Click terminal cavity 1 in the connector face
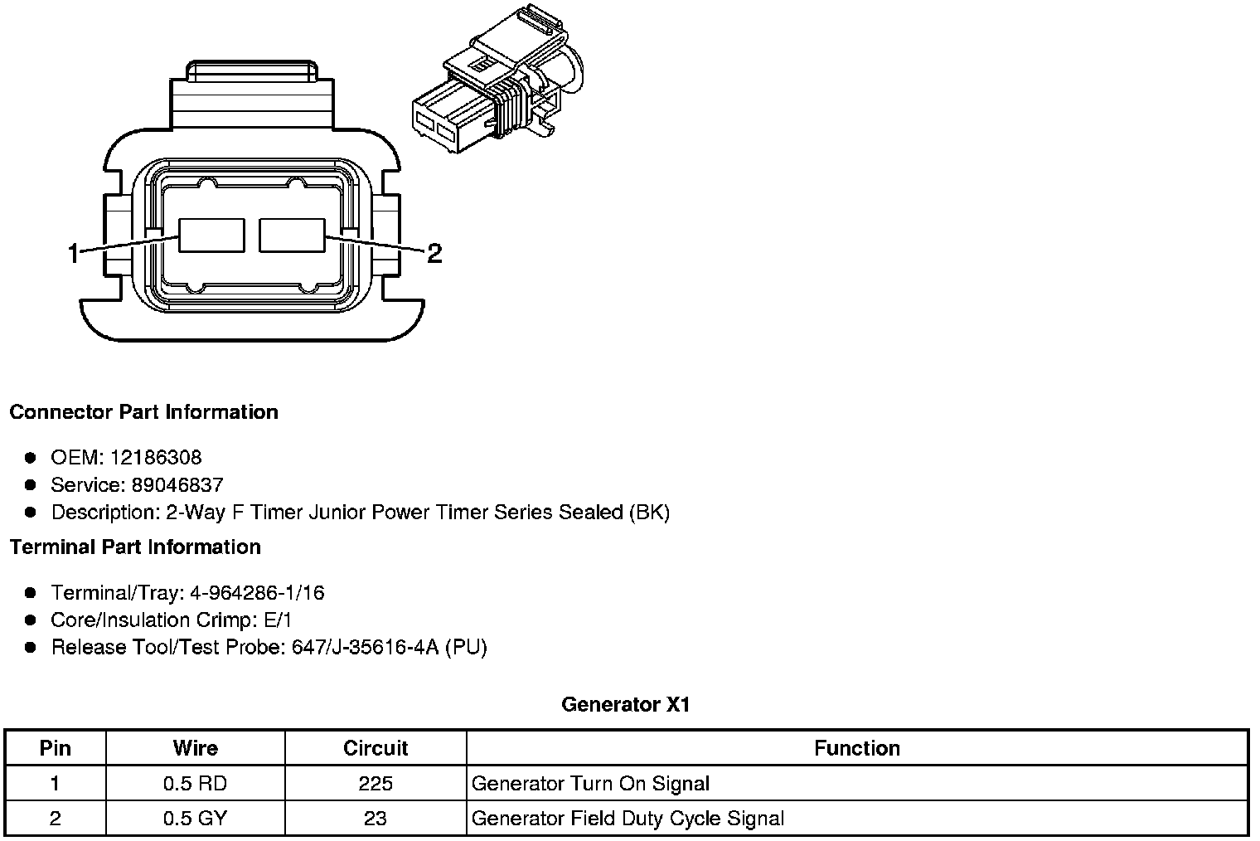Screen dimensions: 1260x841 click(x=212, y=235)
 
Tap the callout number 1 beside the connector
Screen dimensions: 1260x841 click(x=74, y=253)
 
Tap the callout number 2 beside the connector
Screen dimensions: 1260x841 click(x=434, y=253)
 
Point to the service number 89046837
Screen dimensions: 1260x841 click(x=177, y=484)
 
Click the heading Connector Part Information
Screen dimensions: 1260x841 click(x=144, y=412)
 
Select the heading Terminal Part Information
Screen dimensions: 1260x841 click(x=136, y=547)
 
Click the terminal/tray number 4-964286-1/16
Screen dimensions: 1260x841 click(x=257, y=592)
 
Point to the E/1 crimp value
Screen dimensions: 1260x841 click(x=275, y=620)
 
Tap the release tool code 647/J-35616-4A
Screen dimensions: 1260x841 click(x=365, y=647)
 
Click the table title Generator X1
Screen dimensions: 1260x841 click(x=625, y=705)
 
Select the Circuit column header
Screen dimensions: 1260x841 click(x=376, y=748)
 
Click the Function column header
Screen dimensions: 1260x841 click(x=856, y=748)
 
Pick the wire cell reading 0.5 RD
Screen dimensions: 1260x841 click(x=195, y=783)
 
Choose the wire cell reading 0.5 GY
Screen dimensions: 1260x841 click(x=195, y=819)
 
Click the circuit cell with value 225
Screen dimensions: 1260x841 click(x=376, y=783)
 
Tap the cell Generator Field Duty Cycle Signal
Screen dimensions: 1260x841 click(x=628, y=819)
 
